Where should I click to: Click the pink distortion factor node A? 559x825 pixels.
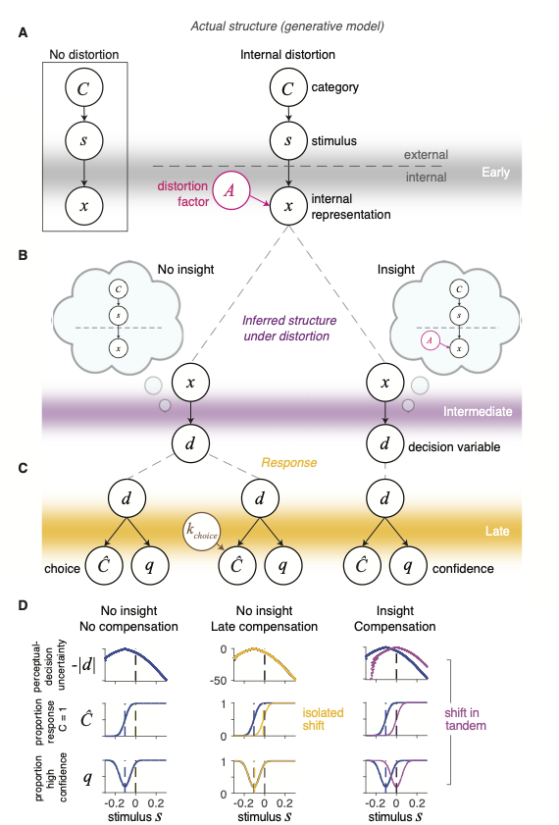click(229, 190)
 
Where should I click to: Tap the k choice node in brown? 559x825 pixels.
click(201, 530)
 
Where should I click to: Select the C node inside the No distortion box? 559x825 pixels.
click(84, 88)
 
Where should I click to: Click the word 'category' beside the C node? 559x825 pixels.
click(335, 87)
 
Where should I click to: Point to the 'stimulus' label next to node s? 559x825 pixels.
click(333, 141)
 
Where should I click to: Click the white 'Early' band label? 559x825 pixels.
click(496, 173)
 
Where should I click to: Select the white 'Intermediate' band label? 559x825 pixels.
click(478, 411)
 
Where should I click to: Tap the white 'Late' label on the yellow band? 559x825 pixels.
click(497, 532)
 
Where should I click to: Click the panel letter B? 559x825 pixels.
click(23, 255)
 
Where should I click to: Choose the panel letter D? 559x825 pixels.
click(23, 605)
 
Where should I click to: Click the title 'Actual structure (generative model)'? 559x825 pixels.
click(287, 26)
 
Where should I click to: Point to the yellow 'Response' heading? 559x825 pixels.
click(289, 462)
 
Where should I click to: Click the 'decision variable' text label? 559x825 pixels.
click(454, 447)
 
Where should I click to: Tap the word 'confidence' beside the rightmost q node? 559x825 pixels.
click(463, 569)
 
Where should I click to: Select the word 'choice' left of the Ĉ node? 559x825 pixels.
click(62, 569)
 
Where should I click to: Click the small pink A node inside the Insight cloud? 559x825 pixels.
click(430, 340)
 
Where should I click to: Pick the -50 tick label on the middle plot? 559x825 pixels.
click(219, 681)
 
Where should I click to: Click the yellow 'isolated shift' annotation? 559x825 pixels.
click(323, 719)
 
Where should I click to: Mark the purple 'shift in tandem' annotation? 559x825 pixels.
click(466, 719)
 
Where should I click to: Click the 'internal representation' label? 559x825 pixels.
click(351, 207)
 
